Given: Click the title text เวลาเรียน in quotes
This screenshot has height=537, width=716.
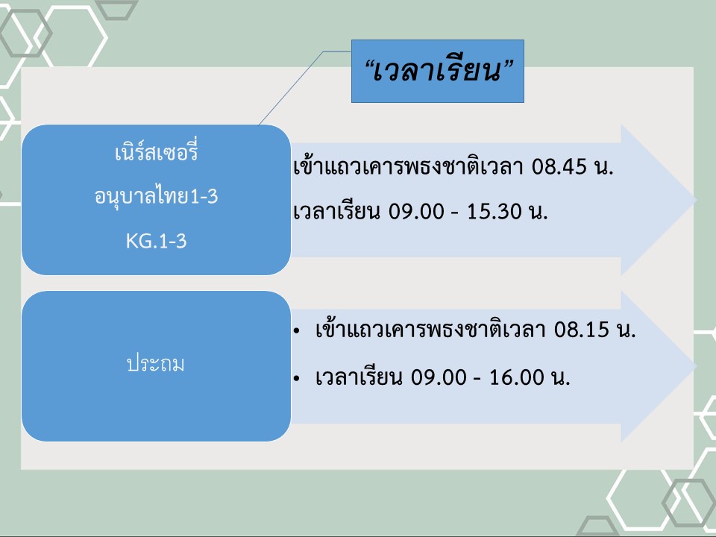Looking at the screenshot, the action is pos(438,71).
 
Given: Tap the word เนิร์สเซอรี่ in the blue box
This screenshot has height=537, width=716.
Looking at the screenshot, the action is pos(156,151).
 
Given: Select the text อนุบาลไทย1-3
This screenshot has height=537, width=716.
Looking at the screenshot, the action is pos(156,197).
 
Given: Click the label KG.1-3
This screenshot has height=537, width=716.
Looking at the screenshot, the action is pos(156,241).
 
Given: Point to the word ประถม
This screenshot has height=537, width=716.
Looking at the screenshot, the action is pos(156,364).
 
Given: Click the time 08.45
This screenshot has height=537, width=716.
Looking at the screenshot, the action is pos(559,166).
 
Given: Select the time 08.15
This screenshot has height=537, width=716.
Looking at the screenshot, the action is pos(581,330).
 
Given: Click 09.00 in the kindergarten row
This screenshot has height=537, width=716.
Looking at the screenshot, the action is pos(416,211).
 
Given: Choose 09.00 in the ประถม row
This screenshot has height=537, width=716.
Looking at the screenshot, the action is pos(439,377).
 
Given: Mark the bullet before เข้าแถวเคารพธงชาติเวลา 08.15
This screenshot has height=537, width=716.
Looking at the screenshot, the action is pos(297,330).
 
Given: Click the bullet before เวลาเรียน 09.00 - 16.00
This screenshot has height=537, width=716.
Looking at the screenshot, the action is pos(297,379).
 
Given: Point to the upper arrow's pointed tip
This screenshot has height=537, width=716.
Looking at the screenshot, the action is pos(696,200).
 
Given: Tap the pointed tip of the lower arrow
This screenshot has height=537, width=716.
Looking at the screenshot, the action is pos(696,366).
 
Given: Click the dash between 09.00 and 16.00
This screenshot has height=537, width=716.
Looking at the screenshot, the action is pos(477,380).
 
